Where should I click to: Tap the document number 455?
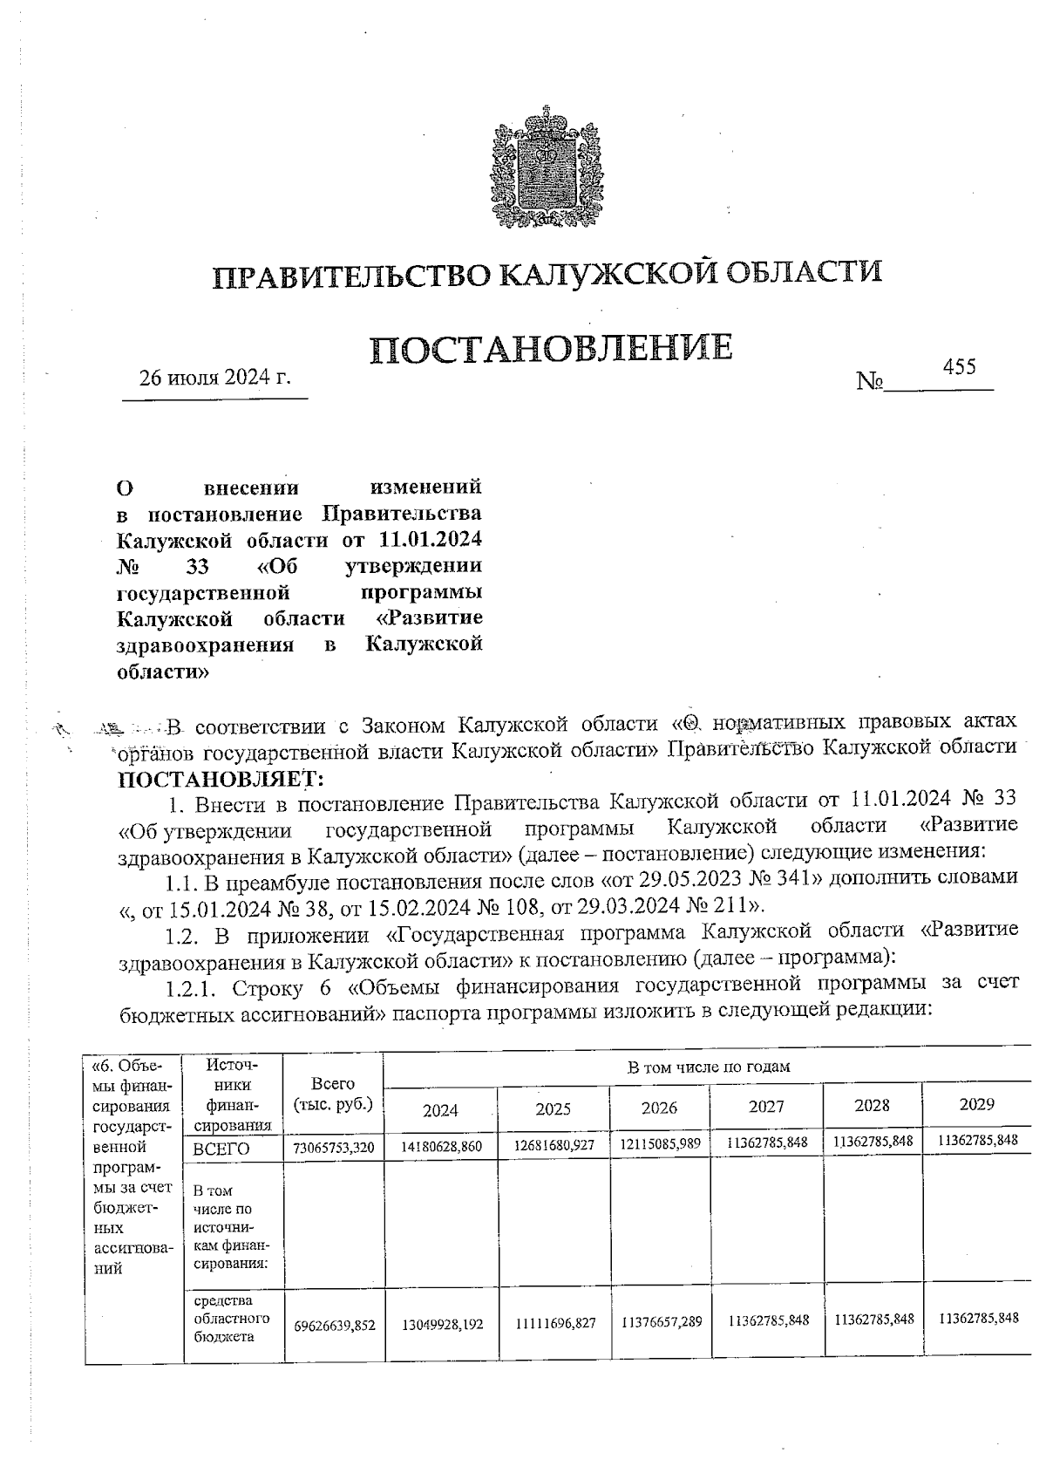[959, 366]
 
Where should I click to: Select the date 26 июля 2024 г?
[214, 378]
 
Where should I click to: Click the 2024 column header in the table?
[440, 1109]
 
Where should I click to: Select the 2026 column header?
[659, 1108]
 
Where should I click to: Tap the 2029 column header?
[977, 1104]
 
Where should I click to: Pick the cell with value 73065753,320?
[334, 1148]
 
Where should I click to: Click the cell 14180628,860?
[441, 1146]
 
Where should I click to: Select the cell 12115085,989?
[660, 1143]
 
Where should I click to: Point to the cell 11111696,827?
[554, 1323]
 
